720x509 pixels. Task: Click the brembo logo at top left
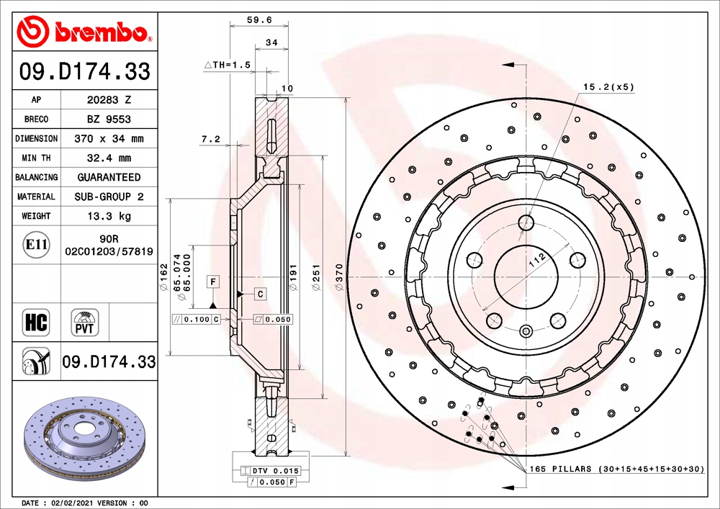(85, 32)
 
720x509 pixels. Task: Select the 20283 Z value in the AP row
(109, 100)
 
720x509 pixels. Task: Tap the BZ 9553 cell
(109, 120)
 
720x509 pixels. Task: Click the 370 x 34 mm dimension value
(109, 138)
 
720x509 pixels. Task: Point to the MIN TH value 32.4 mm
(109, 158)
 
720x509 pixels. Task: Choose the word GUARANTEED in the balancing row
(109, 177)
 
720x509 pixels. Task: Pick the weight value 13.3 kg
(109, 216)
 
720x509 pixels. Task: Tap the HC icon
(36, 322)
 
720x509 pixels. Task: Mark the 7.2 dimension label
(210, 140)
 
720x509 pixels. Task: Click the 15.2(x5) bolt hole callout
(608, 87)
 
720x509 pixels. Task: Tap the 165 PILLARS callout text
(616, 469)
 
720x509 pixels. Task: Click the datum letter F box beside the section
(214, 281)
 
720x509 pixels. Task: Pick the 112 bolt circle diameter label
(536, 261)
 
